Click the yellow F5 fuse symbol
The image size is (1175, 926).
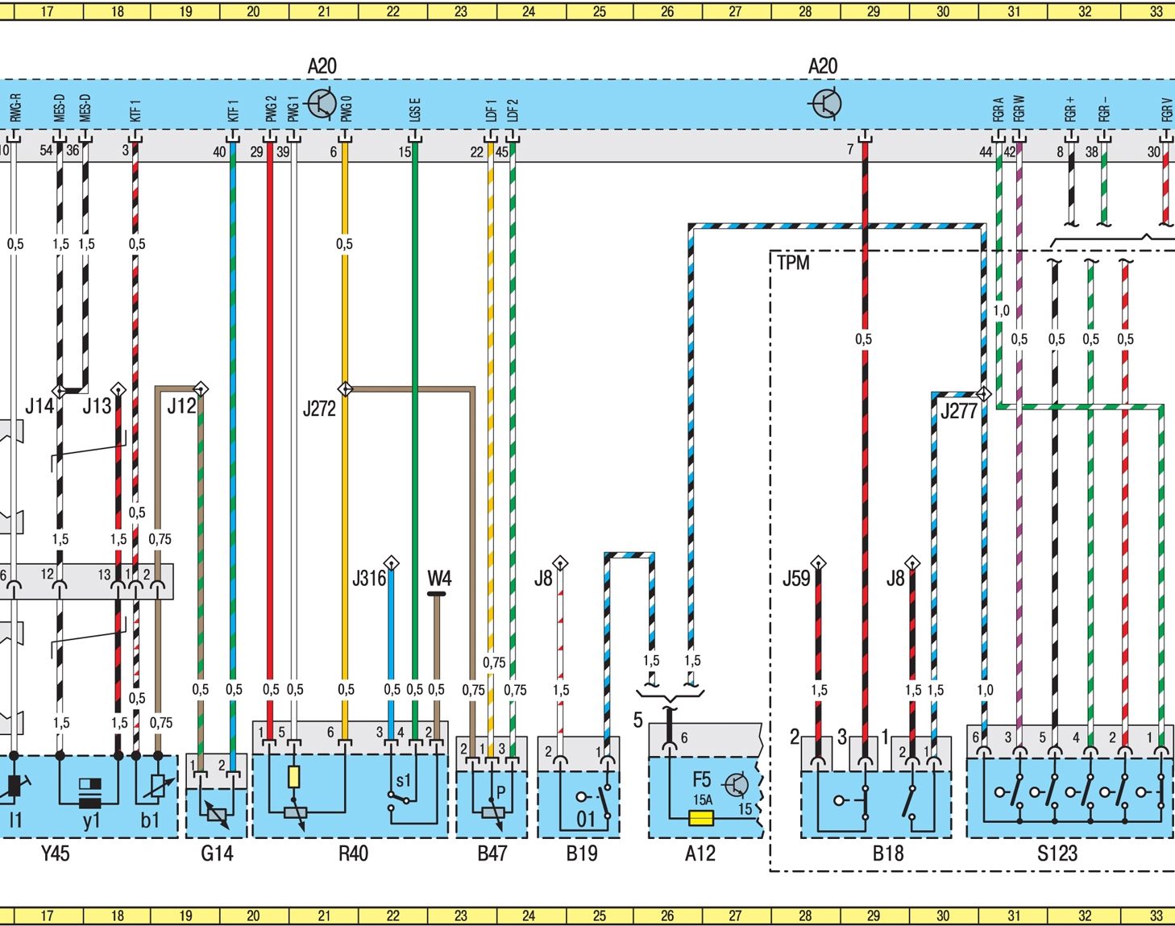pos(701,817)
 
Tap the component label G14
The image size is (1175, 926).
pos(217,853)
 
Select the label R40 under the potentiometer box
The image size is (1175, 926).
pos(353,853)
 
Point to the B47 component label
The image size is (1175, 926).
pos(492,853)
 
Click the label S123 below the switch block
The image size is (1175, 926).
pos(1057,853)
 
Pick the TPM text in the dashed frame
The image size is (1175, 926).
pos(793,263)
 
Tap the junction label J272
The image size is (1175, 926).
pos(319,409)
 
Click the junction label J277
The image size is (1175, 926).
pos(958,411)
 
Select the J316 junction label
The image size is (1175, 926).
pos(369,578)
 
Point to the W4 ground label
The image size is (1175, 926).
pos(439,578)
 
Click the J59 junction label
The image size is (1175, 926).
pos(796,578)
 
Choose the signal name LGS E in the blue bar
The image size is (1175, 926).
pos(415,110)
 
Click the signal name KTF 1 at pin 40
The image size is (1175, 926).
pos(233,111)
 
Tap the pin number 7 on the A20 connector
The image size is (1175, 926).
pos(849,149)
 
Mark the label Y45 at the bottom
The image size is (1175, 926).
pos(55,853)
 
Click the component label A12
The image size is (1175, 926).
pos(700,853)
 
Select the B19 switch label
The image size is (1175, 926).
pos(582,853)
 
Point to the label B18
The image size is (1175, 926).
pos(888,853)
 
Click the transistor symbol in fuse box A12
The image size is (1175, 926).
pos(736,785)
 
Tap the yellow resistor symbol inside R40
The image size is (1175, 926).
pos(293,776)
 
